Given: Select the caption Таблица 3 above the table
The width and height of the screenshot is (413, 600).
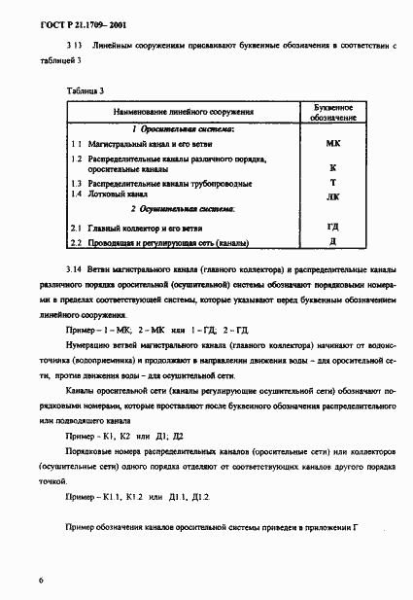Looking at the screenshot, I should click(86, 90).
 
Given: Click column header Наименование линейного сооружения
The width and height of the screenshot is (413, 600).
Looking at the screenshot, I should click(182, 112).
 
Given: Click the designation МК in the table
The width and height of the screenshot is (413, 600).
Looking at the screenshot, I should click(333, 142).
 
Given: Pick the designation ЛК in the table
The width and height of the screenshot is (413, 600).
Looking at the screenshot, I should click(333, 194).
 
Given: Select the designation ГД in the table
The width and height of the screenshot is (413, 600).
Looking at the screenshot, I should click(333, 226).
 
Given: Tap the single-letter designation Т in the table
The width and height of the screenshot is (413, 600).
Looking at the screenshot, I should click(333, 182).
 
